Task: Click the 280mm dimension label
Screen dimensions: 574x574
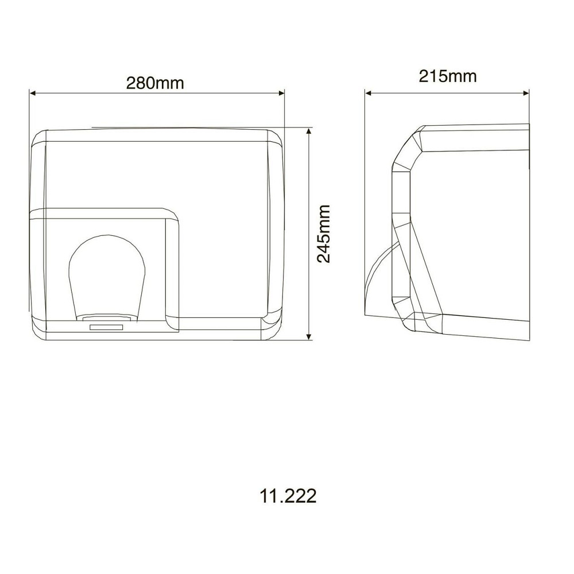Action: pyautogui.click(x=155, y=83)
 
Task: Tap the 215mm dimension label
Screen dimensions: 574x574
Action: pyautogui.click(x=448, y=76)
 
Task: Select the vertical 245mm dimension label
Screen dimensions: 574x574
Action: pyautogui.click(x=324, y=234)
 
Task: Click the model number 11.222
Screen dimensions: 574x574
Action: pyautogui.click(x=288, y=497)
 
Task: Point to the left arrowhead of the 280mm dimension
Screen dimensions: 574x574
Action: pyautogui.click(x=33, y=94)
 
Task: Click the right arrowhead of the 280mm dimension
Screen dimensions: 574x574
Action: pyautogui.click(x=281, y=94)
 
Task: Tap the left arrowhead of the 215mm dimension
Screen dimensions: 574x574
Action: pyautogui.click(x=369, y=94)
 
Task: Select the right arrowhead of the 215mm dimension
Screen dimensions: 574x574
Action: pyautogui.click(x=526, y=94)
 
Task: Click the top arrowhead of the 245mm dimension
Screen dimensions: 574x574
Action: pyautogui.click(x=309, y=131)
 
